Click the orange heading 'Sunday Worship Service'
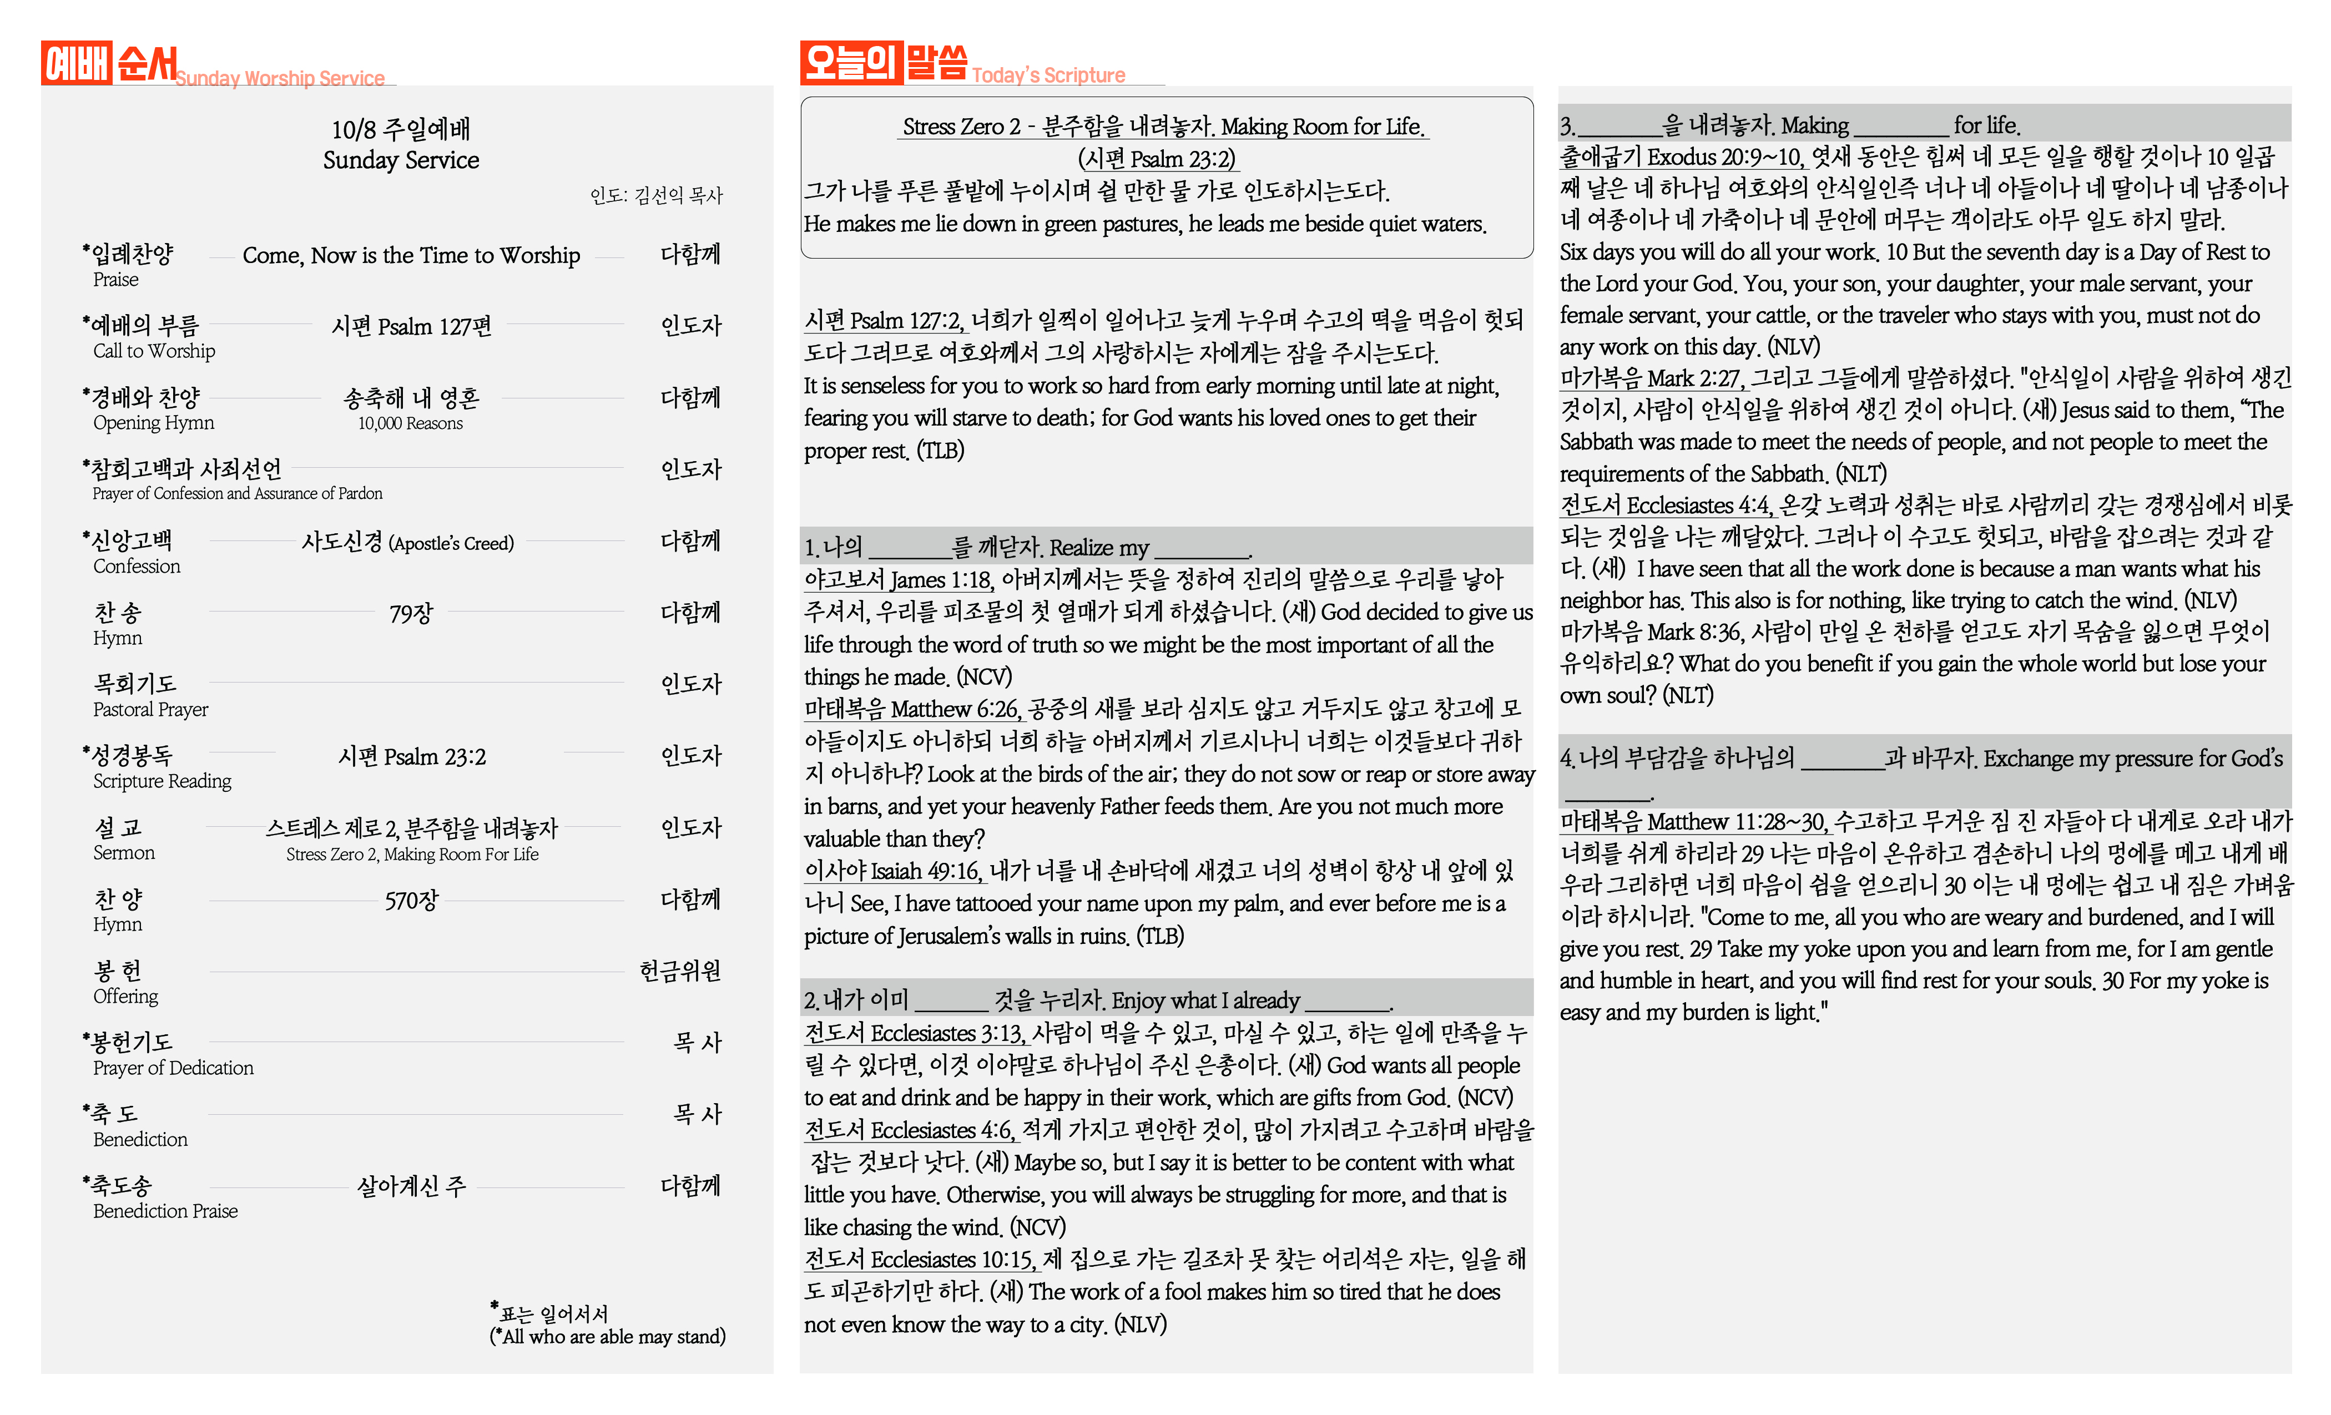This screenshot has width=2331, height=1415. tap(280, 78)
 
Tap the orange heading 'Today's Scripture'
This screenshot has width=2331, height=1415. tap(1048, 75)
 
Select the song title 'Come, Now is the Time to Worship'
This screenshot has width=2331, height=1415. tap(411, 255)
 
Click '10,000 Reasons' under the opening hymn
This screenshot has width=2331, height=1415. tap(411, 424)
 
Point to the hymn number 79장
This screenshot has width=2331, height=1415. tap(411, 614)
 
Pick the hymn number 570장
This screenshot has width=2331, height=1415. tap(411, 901)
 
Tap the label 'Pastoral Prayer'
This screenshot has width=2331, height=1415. tap(150, 709)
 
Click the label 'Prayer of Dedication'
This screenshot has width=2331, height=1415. tap(173, 1068)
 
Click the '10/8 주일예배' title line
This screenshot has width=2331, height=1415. tap(401, 129)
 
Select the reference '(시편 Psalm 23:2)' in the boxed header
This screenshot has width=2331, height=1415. tap(1157, 159)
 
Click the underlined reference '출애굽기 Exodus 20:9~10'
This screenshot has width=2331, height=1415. tap(1679, 157)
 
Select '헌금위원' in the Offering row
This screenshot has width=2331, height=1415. tap(680, 972)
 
